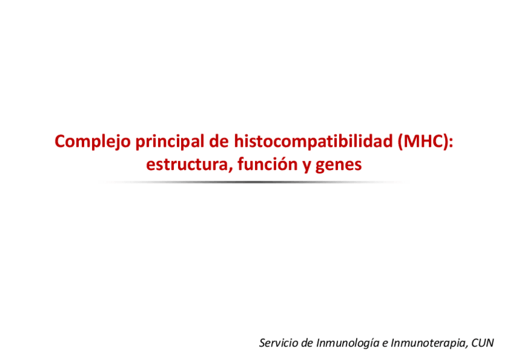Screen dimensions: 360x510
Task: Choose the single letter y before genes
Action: click(x=307, y=166)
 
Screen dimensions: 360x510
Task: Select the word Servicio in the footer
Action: click(x=278, y=343)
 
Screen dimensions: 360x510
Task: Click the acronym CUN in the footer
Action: click(x=483, y=343)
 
